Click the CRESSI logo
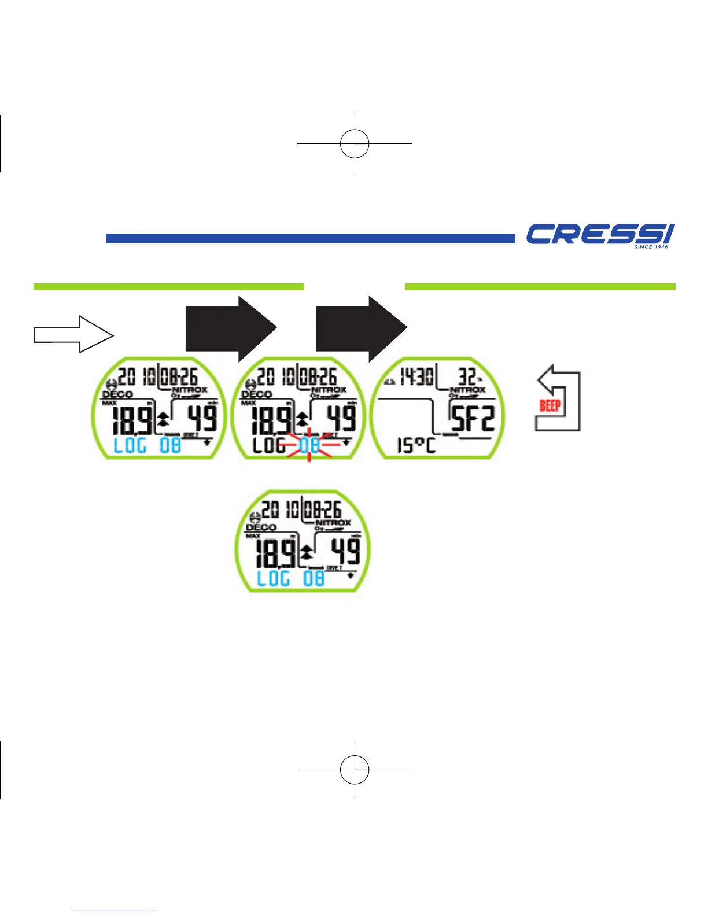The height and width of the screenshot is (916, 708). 599,234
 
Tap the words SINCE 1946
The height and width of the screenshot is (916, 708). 651,247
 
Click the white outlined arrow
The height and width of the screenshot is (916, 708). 73,334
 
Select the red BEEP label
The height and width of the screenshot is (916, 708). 550,405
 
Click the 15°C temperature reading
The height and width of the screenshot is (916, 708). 416,445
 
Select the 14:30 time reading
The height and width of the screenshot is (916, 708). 416,378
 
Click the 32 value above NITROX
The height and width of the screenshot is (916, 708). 467,378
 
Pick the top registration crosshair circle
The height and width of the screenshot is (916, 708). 355,143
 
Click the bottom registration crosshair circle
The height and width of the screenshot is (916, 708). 355,770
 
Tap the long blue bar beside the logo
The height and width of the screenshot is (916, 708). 311,238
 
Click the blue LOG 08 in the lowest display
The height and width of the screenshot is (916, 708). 290,578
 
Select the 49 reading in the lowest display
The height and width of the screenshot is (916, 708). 345,551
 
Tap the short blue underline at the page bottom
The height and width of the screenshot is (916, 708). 115,911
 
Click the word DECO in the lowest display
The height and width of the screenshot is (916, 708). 261,527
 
